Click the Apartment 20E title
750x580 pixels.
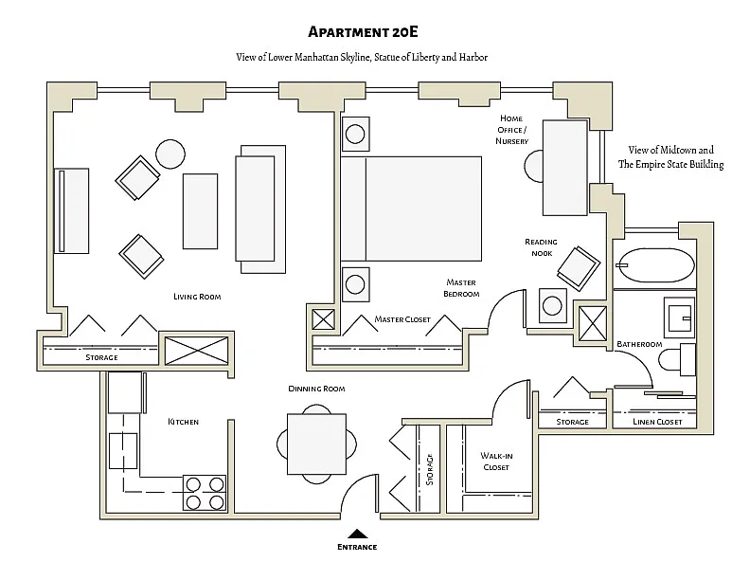[363, 31]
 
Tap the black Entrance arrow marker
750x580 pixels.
[357, 534]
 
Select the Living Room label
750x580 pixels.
[197, 297]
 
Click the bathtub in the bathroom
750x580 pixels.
[654, 265]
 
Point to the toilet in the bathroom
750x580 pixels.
[676, 359]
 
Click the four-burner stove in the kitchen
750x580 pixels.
[205, 493]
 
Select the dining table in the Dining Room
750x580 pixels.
[316, 444]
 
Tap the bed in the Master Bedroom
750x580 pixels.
[411, 208]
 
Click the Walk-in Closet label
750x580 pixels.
[496, 462]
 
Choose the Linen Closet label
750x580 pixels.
[657, 422]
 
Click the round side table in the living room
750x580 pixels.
[170, 154]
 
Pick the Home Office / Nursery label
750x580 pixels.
[511, 130]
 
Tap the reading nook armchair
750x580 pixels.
[578, 268]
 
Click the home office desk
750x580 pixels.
[565, 168]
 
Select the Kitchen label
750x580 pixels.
[183, 422]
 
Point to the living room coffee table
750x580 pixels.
[200, 211]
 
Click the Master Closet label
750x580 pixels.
[402, 319]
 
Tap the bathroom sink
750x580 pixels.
[679, 317]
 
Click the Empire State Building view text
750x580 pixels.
[670, 157]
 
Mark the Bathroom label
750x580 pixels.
[639, 344]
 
